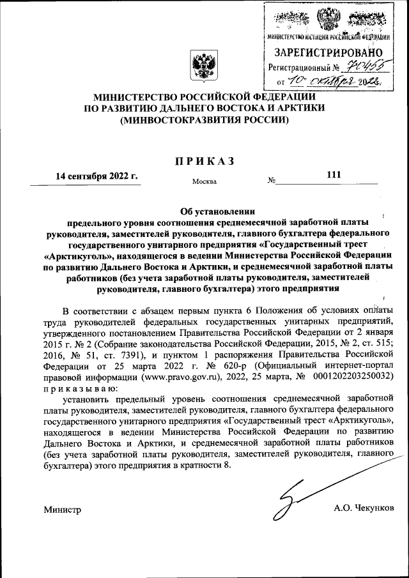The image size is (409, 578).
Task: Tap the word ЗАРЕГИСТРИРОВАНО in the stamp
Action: click(x=329, y=52)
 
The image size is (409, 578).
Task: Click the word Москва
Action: click(x=204, y=181)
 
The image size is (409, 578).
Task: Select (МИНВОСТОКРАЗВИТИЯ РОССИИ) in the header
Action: click(x=204, y=119)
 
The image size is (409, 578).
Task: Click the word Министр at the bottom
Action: click(x=63, y=510)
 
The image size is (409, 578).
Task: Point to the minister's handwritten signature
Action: click(x=300, y=496)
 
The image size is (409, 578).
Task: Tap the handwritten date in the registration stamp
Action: click(x=336, y=81)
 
